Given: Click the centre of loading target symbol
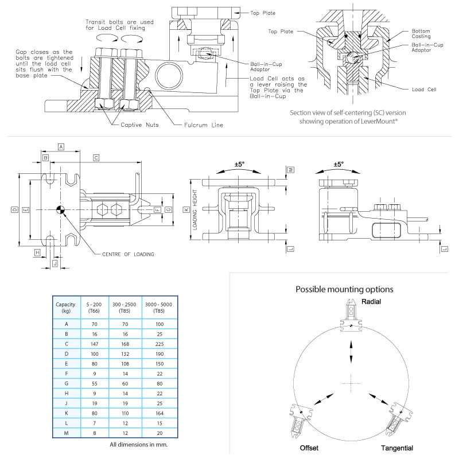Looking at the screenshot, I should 61,210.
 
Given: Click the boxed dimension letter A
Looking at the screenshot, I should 61,146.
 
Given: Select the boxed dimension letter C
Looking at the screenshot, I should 96,157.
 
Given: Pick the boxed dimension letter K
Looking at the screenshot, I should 186,210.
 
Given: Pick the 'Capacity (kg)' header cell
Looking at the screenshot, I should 63,306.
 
